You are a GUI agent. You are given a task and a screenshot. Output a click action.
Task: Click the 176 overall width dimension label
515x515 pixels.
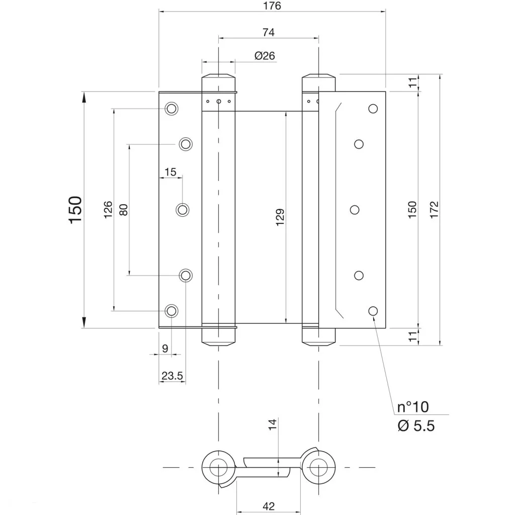point(272,6)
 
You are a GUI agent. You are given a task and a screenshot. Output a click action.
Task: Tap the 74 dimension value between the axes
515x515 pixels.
point(269,32)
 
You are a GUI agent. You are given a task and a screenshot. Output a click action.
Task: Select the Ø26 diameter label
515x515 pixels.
point(265,56)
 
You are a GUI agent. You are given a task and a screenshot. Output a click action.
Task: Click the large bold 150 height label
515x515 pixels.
point(75,210)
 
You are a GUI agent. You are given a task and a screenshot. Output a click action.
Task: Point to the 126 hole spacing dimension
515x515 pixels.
point(108,210)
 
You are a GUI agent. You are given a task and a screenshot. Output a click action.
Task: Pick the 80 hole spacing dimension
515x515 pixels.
point(123,210)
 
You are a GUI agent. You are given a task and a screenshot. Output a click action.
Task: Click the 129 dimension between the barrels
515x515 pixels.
point(280,217)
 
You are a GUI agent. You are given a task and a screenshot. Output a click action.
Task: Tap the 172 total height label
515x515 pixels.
point(434,210)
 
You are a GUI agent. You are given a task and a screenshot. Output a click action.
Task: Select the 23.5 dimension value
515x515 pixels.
point(172,375)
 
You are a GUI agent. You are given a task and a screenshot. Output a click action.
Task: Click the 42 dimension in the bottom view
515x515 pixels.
point(269,506)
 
